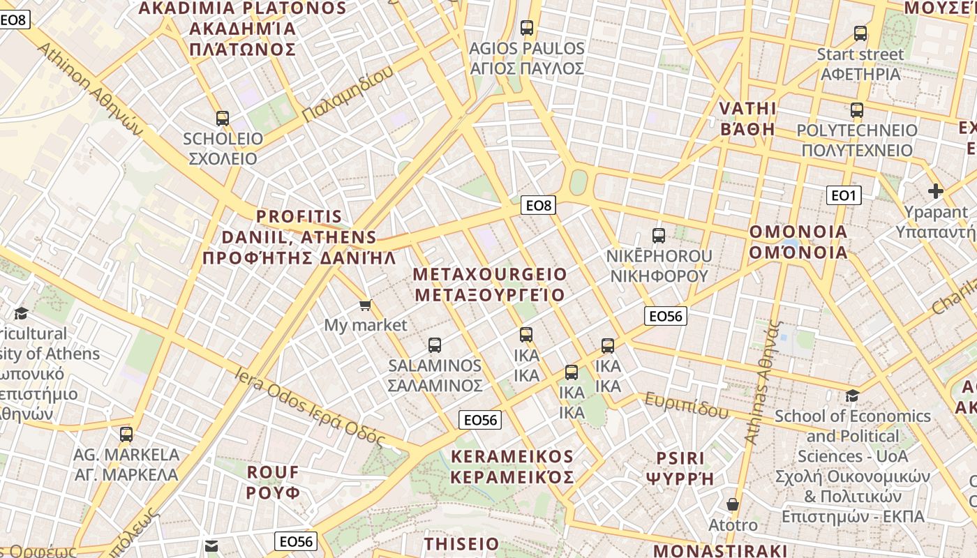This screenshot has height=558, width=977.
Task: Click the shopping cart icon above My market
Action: click(365, 306)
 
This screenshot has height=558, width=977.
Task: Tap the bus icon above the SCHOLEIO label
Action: click(223, 119)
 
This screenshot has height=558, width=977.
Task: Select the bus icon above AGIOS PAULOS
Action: click(527, 28)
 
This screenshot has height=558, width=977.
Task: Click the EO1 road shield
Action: click(844, 195)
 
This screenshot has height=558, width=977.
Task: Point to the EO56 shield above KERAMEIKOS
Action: click(480, 419)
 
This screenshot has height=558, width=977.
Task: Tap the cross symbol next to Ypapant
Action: click(936, 190)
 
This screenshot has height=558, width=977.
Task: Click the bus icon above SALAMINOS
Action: click(435, 345)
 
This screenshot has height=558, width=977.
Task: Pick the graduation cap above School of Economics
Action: click(852, 396)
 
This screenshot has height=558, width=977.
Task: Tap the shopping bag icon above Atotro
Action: click(733, 504)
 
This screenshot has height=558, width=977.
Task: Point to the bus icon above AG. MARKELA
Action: click(126, 435)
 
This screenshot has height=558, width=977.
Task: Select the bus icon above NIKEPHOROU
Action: click(659, 236)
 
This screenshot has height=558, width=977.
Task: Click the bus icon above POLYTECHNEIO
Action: click(857, 110)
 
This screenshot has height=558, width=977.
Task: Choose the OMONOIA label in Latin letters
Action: click(798, 232)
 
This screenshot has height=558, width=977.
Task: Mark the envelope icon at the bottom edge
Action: click(211, 545)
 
